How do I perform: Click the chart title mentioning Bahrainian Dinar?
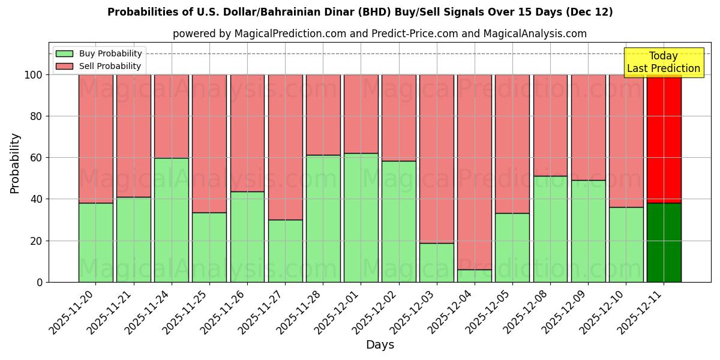click(x=360, y=12)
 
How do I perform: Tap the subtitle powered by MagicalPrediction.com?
click(x=379, y=34)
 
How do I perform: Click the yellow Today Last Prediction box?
click(x=664, y=62)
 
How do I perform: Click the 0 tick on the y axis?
click(x=40, y=282)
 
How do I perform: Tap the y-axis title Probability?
click(x=15, y=163)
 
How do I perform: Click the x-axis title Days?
click(x=380, y=345)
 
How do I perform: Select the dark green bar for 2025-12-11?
click(x=664, y=242)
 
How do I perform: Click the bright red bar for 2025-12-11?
click(x=664, y=138)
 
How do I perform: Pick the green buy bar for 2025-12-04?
click(x=475, y=276)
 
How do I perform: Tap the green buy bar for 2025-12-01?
click(x=361, y=218)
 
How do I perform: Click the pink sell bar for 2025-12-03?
click(x=437, y=159)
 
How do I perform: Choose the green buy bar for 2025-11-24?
click(x=172, y=220)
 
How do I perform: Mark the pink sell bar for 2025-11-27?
click(x=285, y=147)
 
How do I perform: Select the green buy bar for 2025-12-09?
click(x=588, y=231)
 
